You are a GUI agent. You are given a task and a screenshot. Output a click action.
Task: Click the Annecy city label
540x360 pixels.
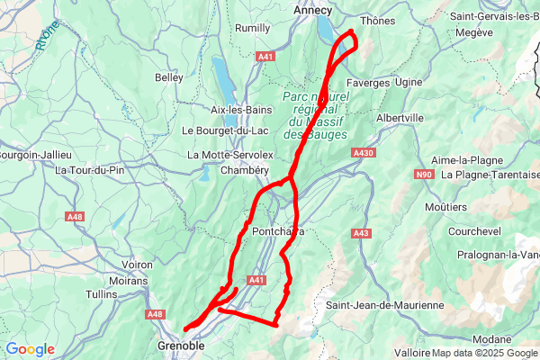[313, 11]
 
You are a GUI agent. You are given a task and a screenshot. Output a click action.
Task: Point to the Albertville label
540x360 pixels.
[400, 118]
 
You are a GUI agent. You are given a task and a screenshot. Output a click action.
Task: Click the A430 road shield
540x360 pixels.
[364, 154]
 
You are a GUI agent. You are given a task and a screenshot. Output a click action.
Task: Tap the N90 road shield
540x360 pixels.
[425, 174]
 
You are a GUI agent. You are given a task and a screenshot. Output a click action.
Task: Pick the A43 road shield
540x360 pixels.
[362, 234]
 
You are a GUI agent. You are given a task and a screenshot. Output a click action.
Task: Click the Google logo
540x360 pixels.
[30, 349]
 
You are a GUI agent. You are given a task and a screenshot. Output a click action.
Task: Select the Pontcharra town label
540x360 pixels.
[277, 231]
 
